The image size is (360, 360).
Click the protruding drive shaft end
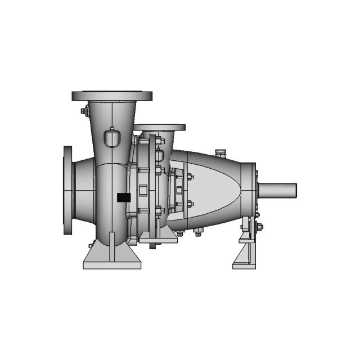278,190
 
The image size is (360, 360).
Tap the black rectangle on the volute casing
123,197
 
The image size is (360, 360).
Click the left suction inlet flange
67,192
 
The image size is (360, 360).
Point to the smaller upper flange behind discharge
160,128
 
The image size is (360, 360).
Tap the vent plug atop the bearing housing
220,152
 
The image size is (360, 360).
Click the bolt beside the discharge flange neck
84,111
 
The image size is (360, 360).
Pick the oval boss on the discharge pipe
111,137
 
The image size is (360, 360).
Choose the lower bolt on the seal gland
189,204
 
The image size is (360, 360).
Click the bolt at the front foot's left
91,245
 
